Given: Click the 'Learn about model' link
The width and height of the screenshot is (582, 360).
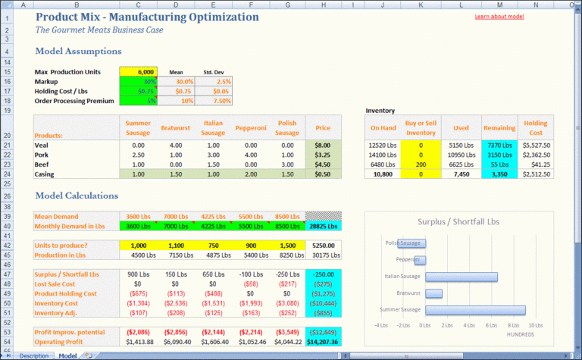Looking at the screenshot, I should (x=499, y=16).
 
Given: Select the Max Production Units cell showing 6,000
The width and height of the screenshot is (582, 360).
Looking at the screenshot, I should (x=138, y=72).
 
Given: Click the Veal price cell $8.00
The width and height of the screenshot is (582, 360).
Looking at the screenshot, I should (x=323, y=144).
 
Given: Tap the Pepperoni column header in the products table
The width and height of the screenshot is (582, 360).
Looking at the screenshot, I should (x=249, y=128).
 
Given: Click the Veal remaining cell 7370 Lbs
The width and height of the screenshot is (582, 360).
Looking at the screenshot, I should (x=499, y=144).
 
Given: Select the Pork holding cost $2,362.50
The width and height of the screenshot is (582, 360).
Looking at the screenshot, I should (x=536, y=154).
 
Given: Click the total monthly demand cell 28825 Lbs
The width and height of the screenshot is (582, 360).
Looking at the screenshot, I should (x=323, y=226).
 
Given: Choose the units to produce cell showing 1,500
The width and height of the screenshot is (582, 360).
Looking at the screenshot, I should (x=287, y=246).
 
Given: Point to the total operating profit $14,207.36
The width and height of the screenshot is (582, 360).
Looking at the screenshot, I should (x=323, y=342).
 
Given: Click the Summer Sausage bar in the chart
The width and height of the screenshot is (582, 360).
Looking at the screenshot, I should (x=475, y=310).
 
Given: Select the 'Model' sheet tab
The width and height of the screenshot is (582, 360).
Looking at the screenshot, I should (x=67, y=355).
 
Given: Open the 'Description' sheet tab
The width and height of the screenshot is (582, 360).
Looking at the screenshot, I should (x=34, y=355).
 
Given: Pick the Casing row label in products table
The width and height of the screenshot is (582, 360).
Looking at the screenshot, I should (x=46, y=174).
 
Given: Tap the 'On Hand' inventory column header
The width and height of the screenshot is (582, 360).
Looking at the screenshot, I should (x=383, y=128).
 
